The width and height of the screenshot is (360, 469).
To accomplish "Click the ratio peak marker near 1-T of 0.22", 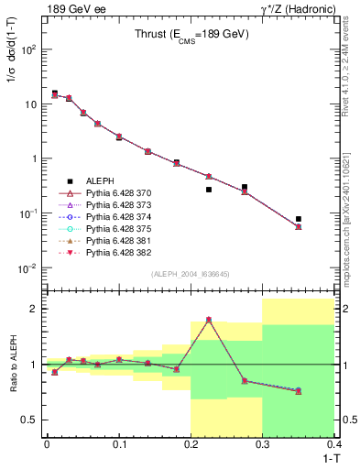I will click(209, 320).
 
